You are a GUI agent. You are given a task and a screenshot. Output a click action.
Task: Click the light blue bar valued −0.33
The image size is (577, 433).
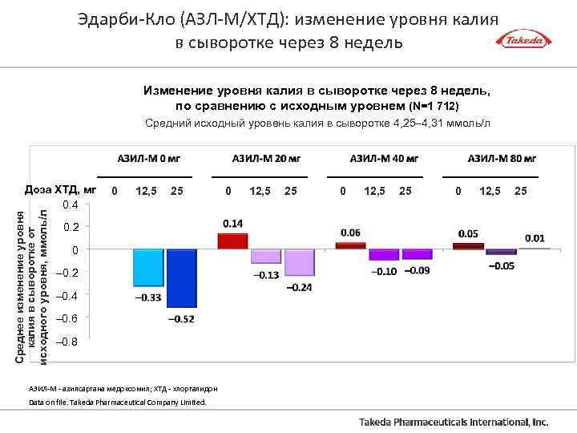pyautogui.click(x=147, y=268)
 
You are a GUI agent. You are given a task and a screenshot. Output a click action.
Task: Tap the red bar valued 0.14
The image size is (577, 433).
pyautogui.click(x=232, y=241)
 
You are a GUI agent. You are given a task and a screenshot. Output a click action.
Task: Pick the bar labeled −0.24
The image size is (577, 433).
pyautogui.click(x=299, y=263)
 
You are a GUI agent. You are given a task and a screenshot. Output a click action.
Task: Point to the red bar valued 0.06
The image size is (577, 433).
pyautogui.click(x=350, y=245)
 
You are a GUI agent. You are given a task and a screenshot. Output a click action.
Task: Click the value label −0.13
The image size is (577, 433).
pyautogui.click(x=266, y=275)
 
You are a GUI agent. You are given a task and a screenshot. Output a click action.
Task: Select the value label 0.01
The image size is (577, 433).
pyautogui.click(x=535, y=238)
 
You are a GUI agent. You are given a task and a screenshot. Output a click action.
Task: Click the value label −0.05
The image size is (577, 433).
pyautogui.click(x=502, y=266)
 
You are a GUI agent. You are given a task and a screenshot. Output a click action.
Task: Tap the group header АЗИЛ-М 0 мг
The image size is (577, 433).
pyautogui.click(x=145, y=159)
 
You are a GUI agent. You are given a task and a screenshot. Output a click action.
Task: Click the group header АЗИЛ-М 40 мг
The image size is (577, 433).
pyautogui.click(x=384, y=159)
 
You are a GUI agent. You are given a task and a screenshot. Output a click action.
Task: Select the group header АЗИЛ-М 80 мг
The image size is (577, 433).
pyautogui.click(x=502, y=159)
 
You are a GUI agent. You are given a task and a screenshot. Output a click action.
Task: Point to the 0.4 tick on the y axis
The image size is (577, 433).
pyautogui.click(x=71, y=205)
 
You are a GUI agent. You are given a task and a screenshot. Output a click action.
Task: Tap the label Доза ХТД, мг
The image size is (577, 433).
pyautogui.click(x=60, y=191)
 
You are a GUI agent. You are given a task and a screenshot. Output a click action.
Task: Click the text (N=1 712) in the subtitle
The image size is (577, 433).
pyautogui.click(x=434, y=106)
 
